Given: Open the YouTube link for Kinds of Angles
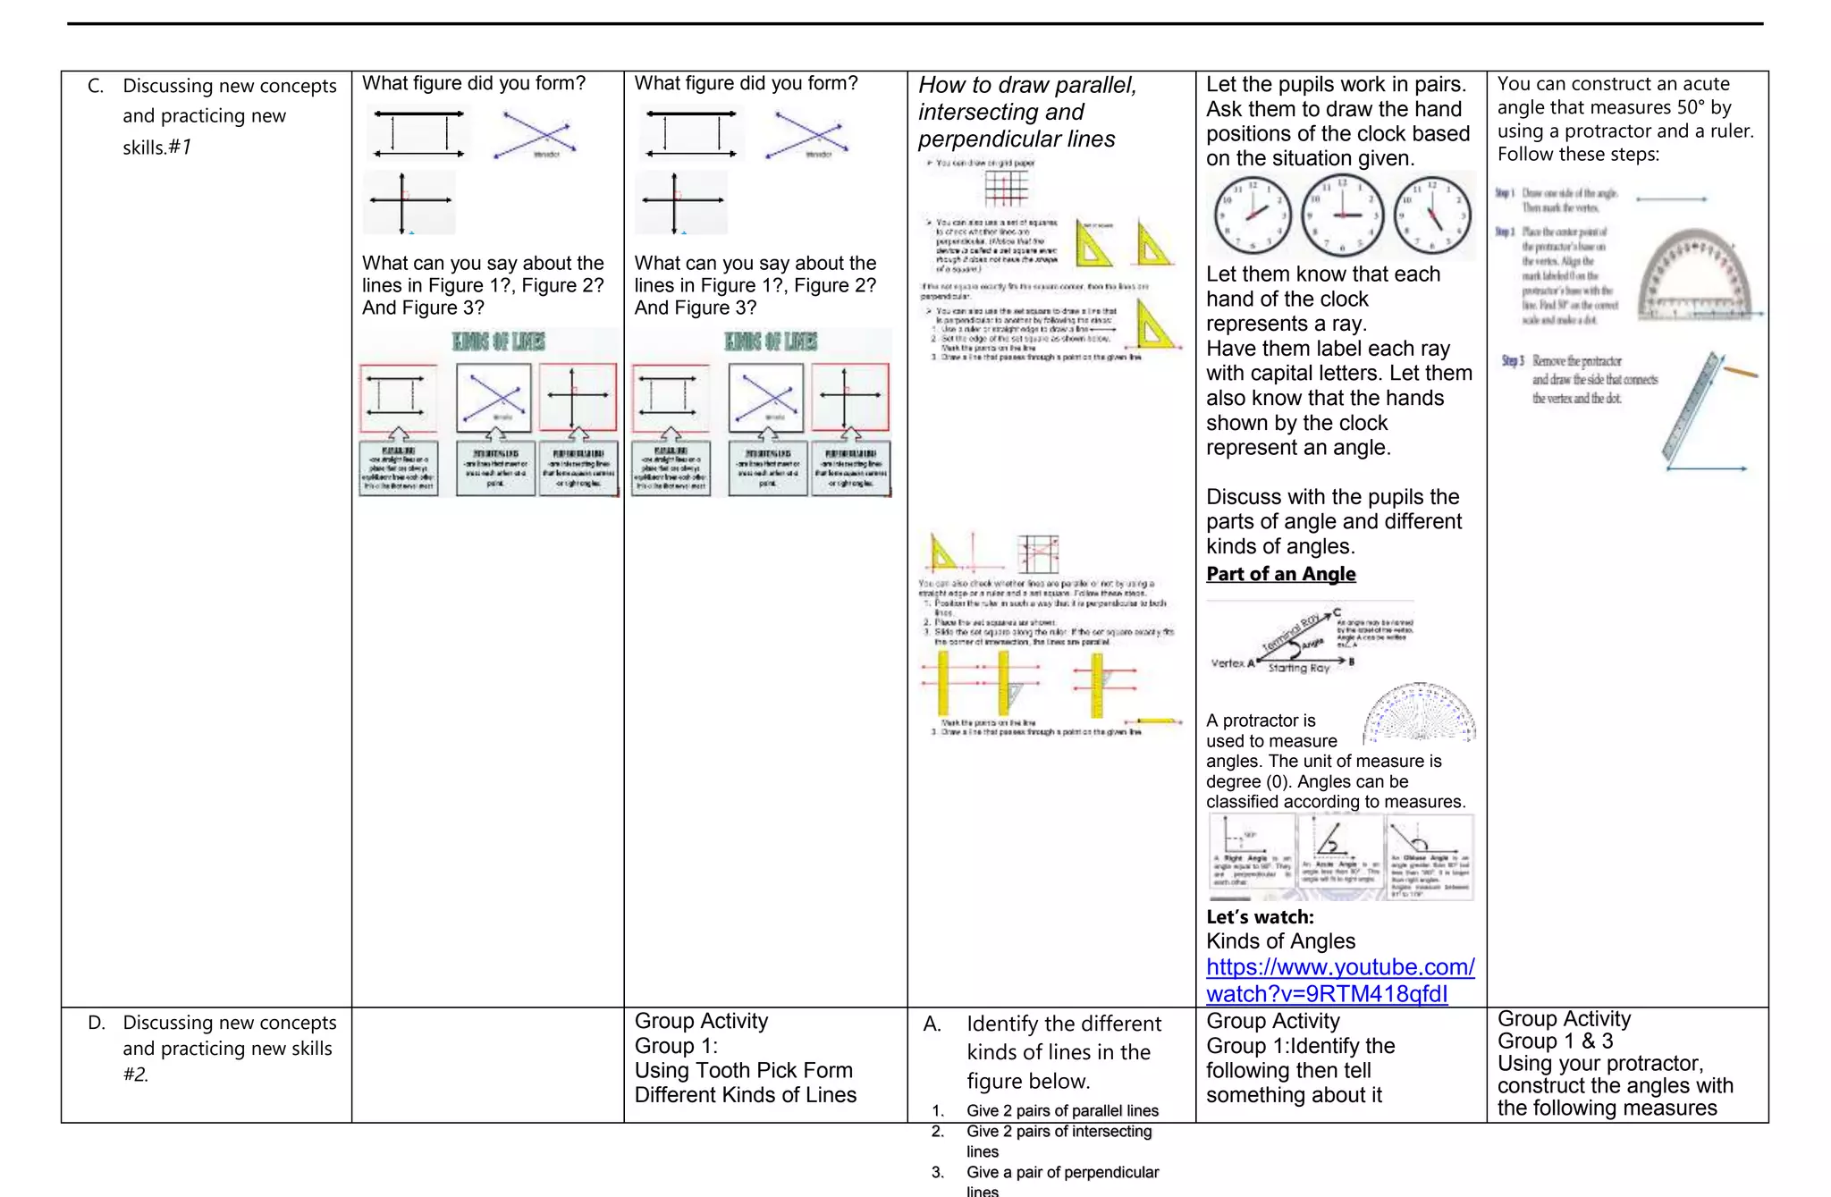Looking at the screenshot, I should pyautogui.click(x=1339, y=980).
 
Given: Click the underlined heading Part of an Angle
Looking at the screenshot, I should pyautogui.click(x=1280, y=574).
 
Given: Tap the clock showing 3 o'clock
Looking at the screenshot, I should pyautogui.click(x=1342, y=215).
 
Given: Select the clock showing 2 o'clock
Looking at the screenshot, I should pyautogui.click(x=1253, y=215).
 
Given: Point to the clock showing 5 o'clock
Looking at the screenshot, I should pyautogui.click(x=1433, y=215).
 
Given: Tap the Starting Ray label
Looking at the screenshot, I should pyautogui.click(x=1298, y=668).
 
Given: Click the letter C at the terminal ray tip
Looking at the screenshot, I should pyautogui.click(x=1337, y=612).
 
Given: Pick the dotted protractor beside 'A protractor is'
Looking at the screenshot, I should pyautogui.click(x=1419, y=713).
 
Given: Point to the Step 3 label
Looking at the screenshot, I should pyautogui.click(x=1513, y=361).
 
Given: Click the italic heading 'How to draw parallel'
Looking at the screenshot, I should pyautogui.click(x=1027, y=86).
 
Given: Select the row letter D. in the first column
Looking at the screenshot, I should pyautogui.click(x=97, y=1023).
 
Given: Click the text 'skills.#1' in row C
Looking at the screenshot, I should pyautogui.click(x=157, y=148).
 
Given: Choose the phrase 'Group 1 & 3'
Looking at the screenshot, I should pyautogui.click(x=1555, y=1041).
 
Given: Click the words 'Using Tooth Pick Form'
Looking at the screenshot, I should pyautogui.click(x=743, y=1071).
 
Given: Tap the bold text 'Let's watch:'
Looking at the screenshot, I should pyautogui.click(x=1260, y=917).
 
